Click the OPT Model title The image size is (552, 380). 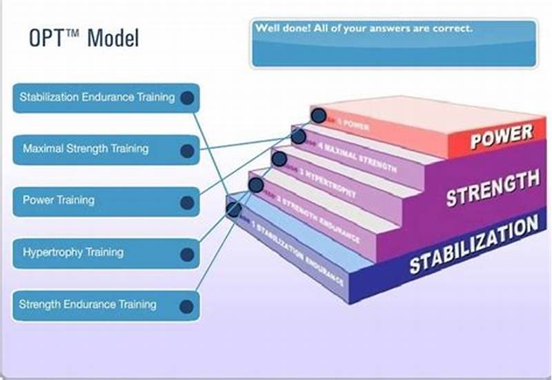pyautogui.click(x=83, y=37)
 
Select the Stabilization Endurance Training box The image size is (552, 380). pyautogui.click(x=97, y=97)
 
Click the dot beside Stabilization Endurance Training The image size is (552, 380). pyautogui.click(x=186, y=99)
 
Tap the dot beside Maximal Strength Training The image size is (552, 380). pyautogui.click(x=186, y=150)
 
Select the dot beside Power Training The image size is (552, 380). pyautogui.click(x=186, y=203)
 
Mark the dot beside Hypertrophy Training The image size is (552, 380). pyautogui.click(x=186, y=254)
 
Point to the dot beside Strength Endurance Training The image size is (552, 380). pyautogui.click(x=186, y=306)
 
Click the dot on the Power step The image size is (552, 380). pyautogui.click(x=318, y=115)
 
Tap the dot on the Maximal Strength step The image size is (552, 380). pyautogui.click(x=298, y=137)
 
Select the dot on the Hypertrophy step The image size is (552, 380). pyautogui.click(x=279, y=159)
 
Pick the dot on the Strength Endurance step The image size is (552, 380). pyautogui.click(x=255, y=184)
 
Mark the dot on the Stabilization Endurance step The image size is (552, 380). pyautogui.click(x=233, y=208)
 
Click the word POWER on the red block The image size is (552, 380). pyautogui.click(x=501, y=137)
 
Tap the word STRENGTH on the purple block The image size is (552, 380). pyautogui.click(x=492, y=188)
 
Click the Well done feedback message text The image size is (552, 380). pyautogui.click(x=364, y=29)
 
